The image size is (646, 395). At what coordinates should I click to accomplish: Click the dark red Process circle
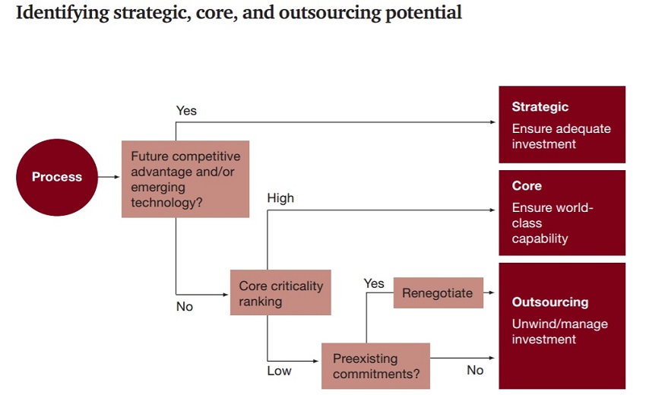coord(57,177)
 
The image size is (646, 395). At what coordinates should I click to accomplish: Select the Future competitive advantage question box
coord(185,179)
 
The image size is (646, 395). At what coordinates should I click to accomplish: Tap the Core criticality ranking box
coord(280,292)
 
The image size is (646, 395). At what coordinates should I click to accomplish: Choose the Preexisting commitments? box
coord(375,366)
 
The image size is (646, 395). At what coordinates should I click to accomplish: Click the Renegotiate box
coord(439,293)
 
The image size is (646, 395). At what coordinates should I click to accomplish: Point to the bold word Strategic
coord(540,106)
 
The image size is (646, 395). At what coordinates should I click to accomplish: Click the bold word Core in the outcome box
coord(527,186)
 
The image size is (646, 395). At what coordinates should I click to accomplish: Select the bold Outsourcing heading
coord(550,302)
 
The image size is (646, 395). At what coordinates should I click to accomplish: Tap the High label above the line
coord(280,198)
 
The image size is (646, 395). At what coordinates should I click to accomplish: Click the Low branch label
coord(279,371)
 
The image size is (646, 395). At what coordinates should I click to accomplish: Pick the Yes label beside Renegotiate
coord(374,283)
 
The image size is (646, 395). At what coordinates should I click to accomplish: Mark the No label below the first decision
coord(185,306)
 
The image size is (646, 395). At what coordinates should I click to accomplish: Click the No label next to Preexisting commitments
coord(475,370)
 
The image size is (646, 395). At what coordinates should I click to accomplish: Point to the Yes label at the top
coord(186,110)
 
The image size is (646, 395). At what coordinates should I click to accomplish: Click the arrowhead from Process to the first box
coord(117,177)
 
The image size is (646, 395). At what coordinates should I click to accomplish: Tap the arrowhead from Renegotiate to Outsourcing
coord(491,292)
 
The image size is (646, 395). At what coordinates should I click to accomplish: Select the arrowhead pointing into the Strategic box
coord(492,122)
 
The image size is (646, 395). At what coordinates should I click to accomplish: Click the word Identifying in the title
coord(62,13)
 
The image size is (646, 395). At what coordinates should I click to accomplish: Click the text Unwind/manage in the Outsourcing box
coord(560,324)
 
